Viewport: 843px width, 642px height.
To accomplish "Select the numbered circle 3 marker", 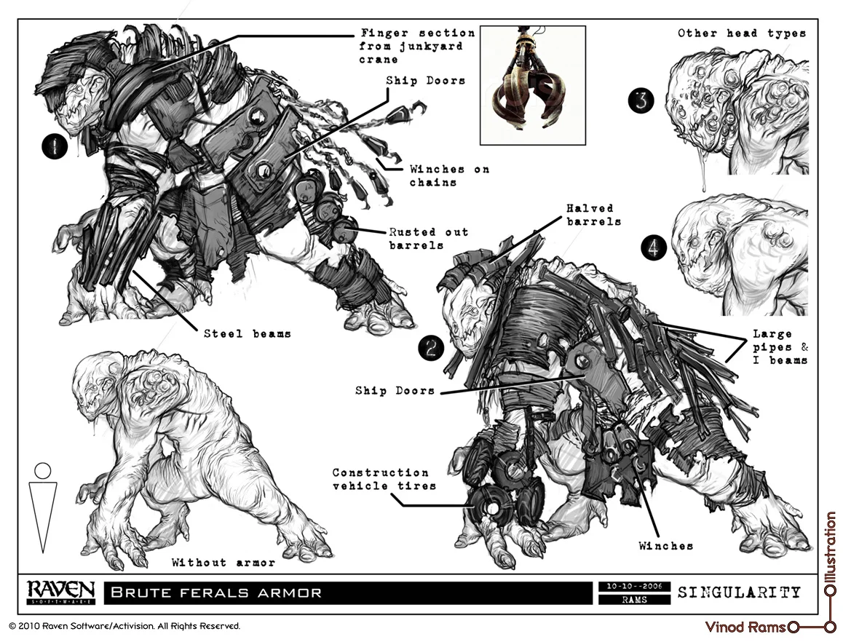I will tap(640, 101).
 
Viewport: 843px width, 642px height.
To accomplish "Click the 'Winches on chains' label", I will tap(448, 175).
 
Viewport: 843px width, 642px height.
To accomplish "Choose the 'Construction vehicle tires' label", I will tap(381, 479).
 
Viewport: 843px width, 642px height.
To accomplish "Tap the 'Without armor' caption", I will tap(223, 562).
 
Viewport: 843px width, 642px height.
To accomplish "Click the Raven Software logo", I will tap(60, 592).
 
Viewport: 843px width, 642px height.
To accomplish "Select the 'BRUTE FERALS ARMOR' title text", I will tap(216, 593).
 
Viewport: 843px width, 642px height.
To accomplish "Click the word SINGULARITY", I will tap(739, 592).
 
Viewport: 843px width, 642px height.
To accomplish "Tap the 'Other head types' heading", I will tap(742, 33).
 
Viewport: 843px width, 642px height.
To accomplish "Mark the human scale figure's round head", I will tap(43, 470).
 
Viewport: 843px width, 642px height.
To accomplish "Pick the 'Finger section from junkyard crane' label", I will tap(418, 47).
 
